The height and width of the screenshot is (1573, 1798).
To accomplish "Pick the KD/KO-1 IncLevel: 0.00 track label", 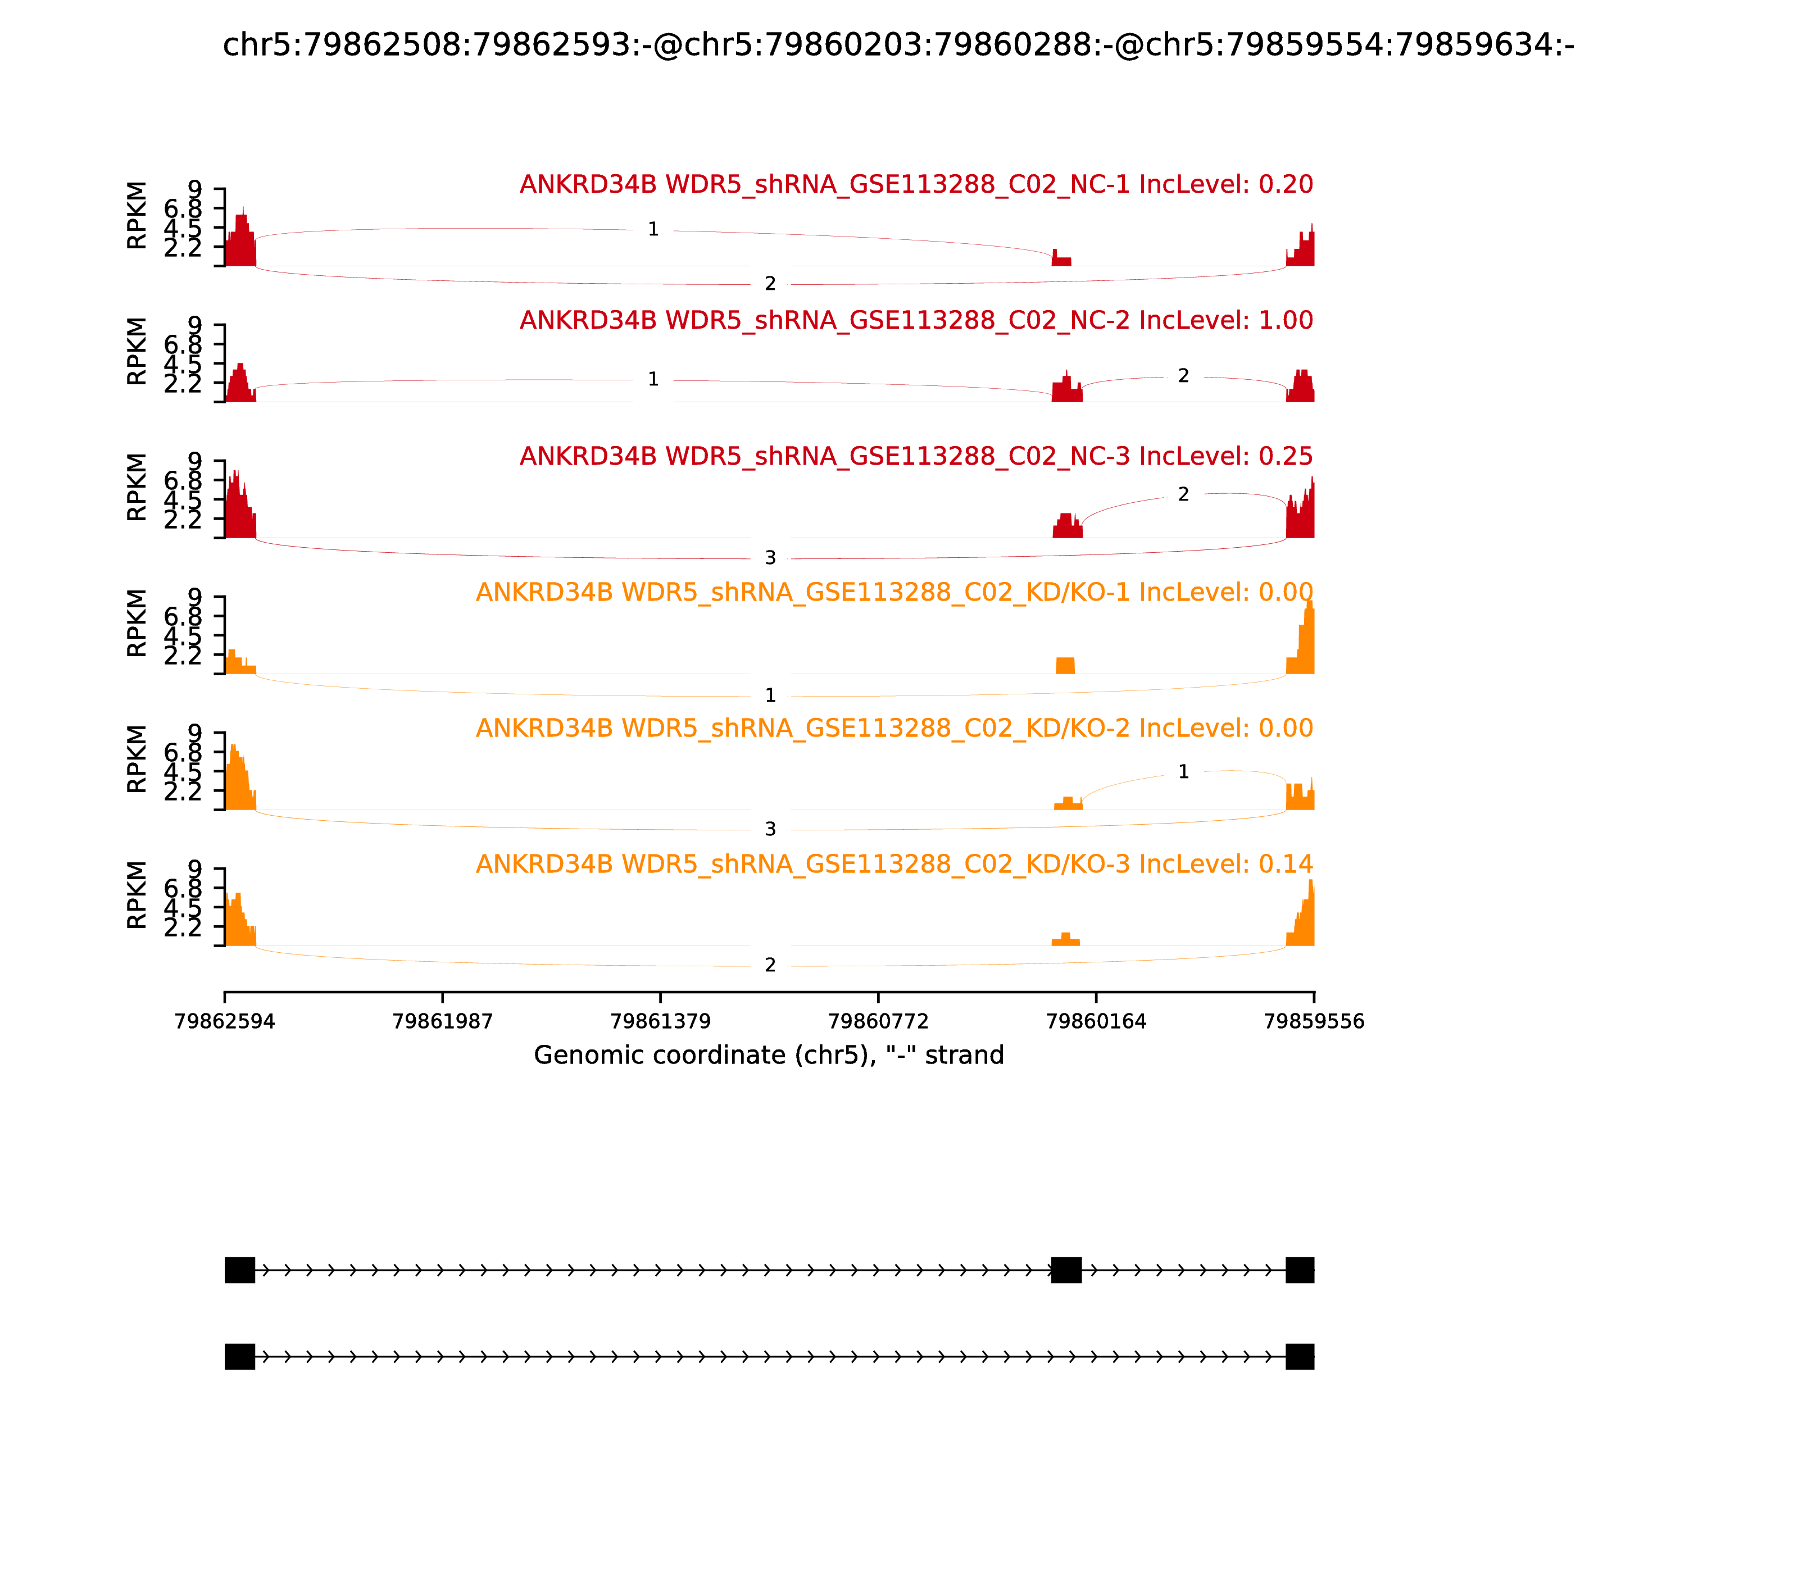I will point(894,593).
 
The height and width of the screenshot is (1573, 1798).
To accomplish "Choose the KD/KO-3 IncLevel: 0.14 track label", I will point(894,865).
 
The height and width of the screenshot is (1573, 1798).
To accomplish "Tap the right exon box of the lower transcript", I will point(1299,1357).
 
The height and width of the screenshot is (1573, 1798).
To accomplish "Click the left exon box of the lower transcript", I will point(240,1357).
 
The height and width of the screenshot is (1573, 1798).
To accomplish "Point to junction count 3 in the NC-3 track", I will point(770,558).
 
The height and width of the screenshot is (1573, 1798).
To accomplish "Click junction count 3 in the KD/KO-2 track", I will point(770,830).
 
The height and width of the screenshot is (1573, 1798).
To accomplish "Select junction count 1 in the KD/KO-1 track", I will point(770,696).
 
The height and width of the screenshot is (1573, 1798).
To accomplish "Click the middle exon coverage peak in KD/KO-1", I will point(1065,665).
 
